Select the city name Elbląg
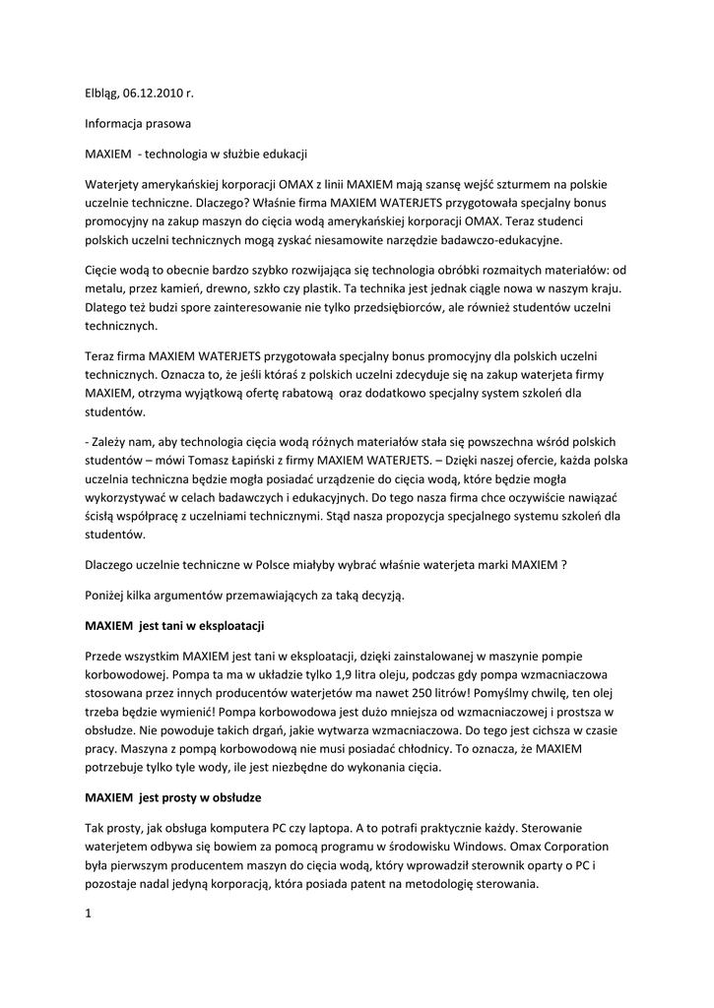tap(100, 94)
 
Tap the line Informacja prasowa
tap(137, 124)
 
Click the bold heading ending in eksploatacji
tap(174, 625)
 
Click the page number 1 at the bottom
tap(88, 913)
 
